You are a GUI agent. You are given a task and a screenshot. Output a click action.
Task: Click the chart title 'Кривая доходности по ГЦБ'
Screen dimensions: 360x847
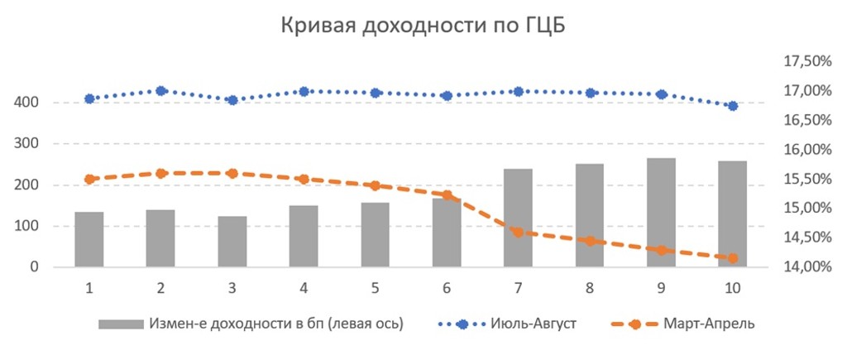pyautogui.click(x=423, y=26)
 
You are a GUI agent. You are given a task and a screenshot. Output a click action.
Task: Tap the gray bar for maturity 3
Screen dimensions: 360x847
pyautogui.click(x=232, y=242)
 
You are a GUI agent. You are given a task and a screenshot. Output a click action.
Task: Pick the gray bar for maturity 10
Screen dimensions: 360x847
pyautogui.click(x=732, y=214)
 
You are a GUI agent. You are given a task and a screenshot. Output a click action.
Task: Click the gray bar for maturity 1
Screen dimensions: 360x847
pyautogui.click(x=89, y=239)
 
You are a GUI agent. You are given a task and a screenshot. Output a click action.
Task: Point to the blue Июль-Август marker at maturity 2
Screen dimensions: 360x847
pyautogui.click(x=161, y=91)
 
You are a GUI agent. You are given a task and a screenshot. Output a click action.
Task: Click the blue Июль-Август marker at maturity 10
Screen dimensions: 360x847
pyautogui.click(x=732, y=106)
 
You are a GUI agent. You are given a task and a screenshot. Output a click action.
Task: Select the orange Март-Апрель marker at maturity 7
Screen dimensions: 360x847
pyautogui.click(x=518, y=233)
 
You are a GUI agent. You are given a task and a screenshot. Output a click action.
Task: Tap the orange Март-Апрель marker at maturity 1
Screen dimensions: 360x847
pyautogui.click(x=89, y=179)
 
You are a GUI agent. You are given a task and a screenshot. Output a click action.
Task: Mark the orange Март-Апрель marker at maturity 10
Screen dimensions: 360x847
pyautogui.click(x=732, y=258)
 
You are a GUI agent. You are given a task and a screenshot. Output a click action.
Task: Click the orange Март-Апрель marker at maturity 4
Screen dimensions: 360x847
pyautogui.click(x=304, y=179)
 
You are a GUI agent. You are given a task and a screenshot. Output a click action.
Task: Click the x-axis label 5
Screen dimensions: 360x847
pyautogui.click(x=375, y=288)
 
